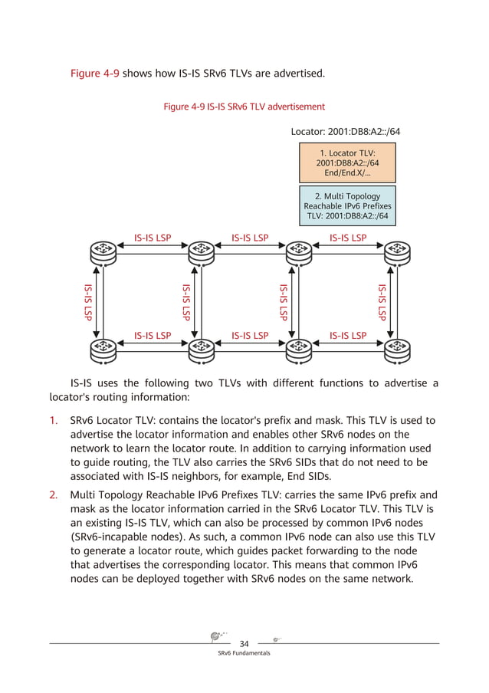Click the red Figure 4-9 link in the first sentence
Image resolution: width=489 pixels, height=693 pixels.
pyautogui.click(x=94, y=74)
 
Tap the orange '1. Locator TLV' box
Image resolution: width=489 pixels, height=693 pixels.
pyautogui.click(x=347, y=163)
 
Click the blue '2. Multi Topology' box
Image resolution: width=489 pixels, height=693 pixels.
pyautogui.click(x=347, y=206)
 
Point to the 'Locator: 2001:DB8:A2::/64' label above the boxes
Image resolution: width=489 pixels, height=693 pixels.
pyautogui.click(x=345, y=131)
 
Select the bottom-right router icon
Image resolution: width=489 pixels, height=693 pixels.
pyautogui.click(x=396, y=347)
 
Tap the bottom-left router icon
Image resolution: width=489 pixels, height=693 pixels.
pyautogui.click(x=103, y=347)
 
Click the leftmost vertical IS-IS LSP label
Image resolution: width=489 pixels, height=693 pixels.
pyautogui.click(x=88, y=301)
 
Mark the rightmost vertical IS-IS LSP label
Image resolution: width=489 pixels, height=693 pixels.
pyautogui.click(x=382, y=301)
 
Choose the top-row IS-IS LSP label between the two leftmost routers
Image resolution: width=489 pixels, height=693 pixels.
pyautogui.click(x=152, y=238)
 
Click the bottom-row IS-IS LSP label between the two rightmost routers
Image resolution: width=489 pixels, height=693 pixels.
pyautogui.click(x=347, y=336)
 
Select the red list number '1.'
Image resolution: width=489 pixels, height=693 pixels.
pyautogui.click(x=54, y=421)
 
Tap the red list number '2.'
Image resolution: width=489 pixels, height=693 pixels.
pyautogui.click(x=54, y=494)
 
